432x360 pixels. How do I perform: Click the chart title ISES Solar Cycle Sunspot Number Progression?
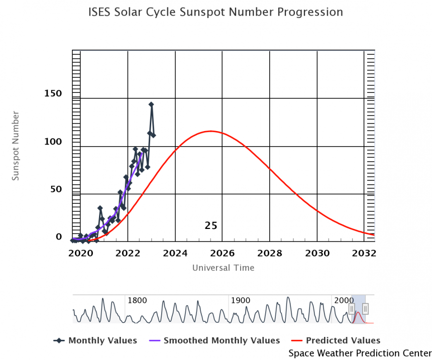coord(215,12)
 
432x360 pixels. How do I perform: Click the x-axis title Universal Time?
coord(223,268)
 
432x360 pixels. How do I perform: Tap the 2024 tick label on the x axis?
coord(175,253)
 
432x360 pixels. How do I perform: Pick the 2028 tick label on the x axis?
coord(270,253)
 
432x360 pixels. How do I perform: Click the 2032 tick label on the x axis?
coord(365,253)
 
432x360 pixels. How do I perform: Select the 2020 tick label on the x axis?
coord(80,253)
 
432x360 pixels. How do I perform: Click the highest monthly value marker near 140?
coord(151,104)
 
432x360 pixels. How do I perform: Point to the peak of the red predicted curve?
coord(210,131)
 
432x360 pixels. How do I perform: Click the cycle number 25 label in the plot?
coord(211,225)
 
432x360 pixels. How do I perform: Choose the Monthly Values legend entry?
coord(95,340)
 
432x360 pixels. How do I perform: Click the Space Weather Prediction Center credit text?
coord(360,353)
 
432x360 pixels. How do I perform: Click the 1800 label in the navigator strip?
coord(137,300)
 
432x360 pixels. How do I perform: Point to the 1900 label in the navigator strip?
coord(240,300)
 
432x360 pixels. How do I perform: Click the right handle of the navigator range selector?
coord(366,308)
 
